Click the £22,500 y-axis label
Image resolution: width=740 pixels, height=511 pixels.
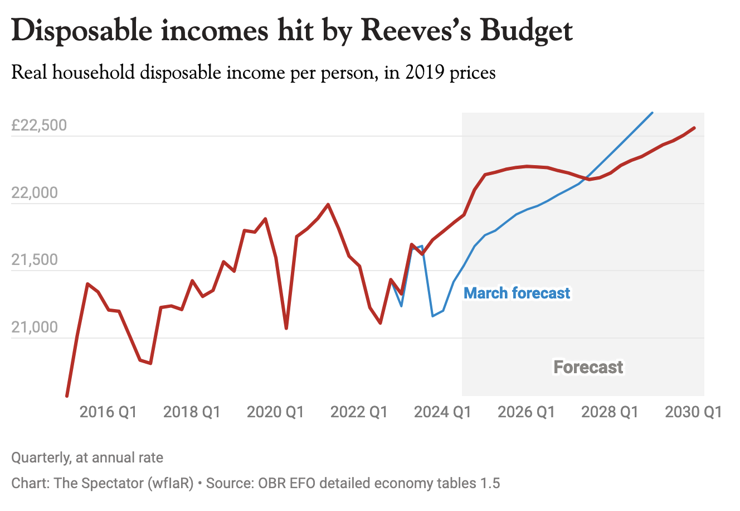pos(39,125)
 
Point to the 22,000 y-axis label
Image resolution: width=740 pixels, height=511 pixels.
pos(35,193)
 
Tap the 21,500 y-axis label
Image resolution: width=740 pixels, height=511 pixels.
pos(35,260)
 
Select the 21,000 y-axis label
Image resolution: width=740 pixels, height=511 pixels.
pos(35,327)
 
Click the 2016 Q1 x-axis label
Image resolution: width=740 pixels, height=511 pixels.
pos(108,412)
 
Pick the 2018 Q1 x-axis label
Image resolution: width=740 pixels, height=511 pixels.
pos(192,412)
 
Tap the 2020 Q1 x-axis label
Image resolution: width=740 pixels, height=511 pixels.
pos(275,412)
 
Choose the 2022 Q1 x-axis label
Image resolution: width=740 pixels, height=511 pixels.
pos(359,412)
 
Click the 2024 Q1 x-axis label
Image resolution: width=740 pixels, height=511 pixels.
pos(442,412)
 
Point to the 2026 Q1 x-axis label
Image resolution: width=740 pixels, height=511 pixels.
pos(526,412)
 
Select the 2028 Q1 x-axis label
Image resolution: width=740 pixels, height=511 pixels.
pos(610,412)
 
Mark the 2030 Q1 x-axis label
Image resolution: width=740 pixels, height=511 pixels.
pos(693,412)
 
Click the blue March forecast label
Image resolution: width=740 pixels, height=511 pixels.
pos(517,293)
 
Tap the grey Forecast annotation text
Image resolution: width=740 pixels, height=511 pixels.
pos(588,367)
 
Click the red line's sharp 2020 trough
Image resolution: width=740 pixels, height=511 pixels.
pos(286,328)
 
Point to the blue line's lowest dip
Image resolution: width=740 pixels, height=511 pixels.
pos(433,316)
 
